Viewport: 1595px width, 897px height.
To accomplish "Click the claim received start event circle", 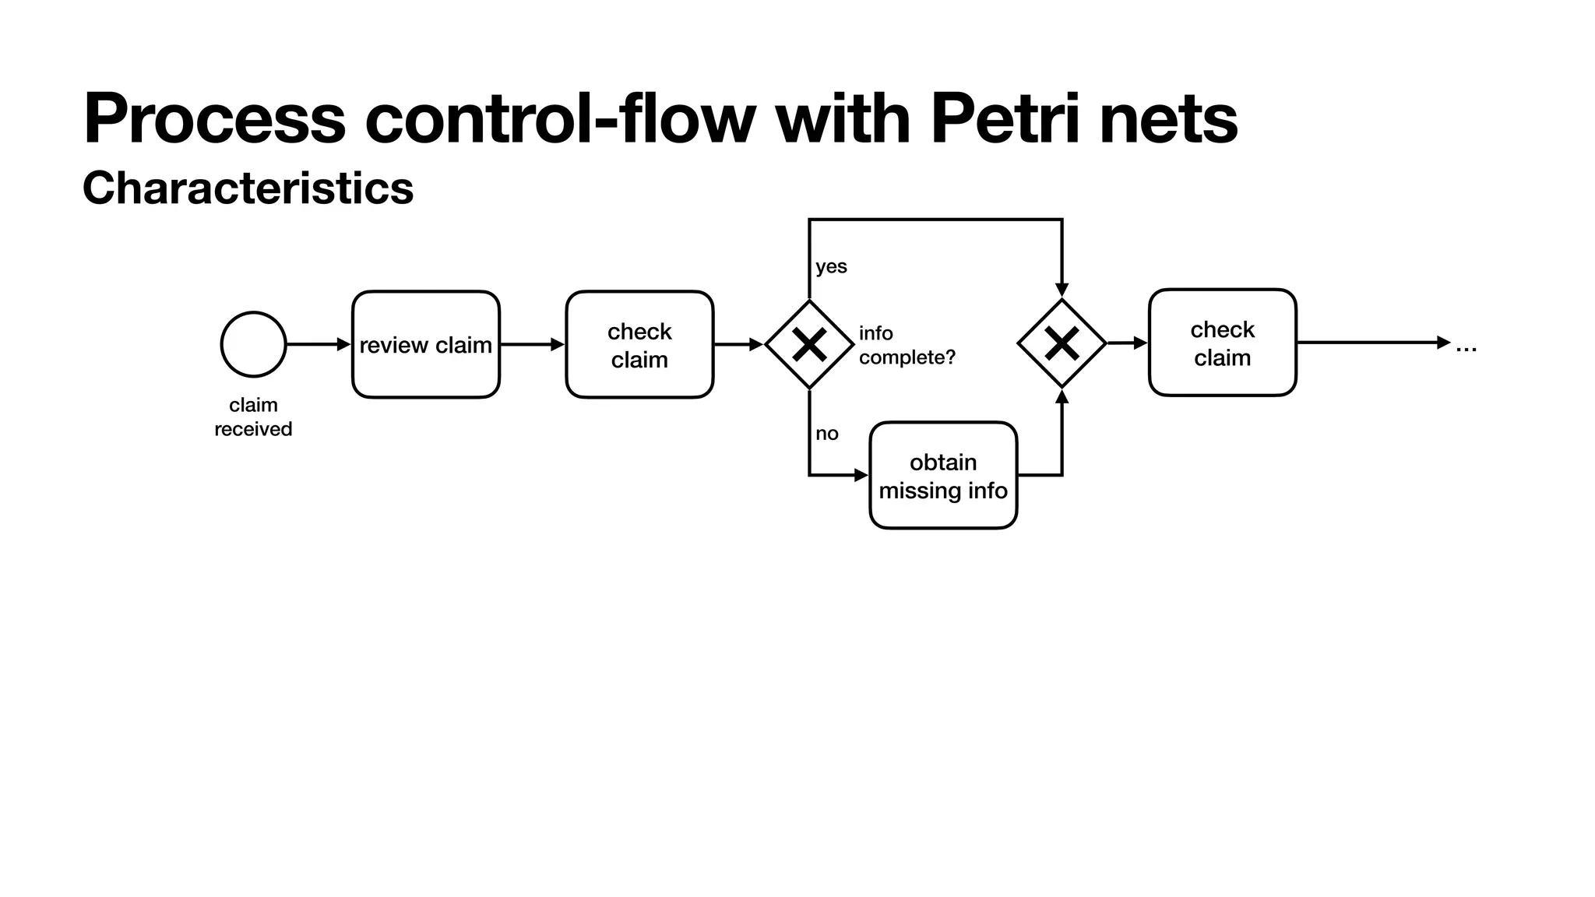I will [x=253, y=344].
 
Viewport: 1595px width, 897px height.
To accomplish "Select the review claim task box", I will [x=425, y=344].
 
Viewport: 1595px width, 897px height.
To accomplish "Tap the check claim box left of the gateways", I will [x=639, y=344].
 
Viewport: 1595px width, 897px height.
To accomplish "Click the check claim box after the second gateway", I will [x=1222, y=343].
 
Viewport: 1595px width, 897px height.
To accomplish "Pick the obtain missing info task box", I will [x=943, y=476].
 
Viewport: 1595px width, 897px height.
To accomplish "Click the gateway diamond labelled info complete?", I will [x=809, y=344].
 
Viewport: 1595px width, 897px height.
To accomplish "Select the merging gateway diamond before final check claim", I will [x=1062, y=343].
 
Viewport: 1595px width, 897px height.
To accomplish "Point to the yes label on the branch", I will [x=831, y=266].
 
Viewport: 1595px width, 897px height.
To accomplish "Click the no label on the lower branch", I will [x=826, y=434].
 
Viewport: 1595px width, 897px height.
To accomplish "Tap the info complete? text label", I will [x=906, y=345].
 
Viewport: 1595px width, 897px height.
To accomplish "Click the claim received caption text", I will [x=253, y=417].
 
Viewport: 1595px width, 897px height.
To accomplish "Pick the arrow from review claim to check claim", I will [x=532, y=344].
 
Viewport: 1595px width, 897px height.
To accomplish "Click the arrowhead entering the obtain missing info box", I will [x=861, y=475].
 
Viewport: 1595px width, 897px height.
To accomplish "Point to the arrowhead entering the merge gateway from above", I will [x=1062, y=290].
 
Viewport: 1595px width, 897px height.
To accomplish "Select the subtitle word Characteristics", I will [x=248, y=188].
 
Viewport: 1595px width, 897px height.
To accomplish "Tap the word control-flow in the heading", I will [x=560, y=118].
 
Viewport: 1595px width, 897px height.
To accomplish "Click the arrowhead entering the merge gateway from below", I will [x=1062, y=396].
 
